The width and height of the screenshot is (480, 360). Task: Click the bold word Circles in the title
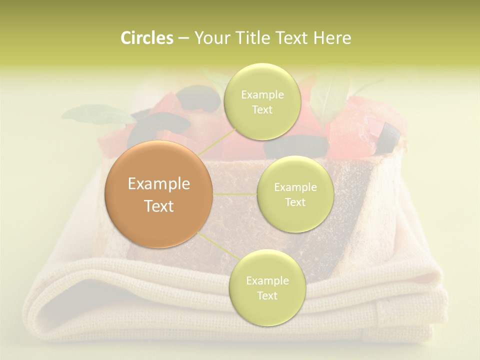147,38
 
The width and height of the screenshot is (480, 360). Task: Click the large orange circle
159,194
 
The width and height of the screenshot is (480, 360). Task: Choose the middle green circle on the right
295,194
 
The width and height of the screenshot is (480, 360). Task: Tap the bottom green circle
267,287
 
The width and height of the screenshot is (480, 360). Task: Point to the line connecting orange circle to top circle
215,141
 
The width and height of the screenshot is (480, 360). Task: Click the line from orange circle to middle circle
235,193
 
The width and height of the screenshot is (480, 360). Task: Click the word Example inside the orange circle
159,184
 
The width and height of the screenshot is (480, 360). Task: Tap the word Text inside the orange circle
159,206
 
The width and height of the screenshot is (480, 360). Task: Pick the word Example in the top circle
262,95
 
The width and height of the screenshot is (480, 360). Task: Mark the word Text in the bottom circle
267,295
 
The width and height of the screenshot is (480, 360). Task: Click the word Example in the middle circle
295,187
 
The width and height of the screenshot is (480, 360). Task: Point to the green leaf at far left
95,113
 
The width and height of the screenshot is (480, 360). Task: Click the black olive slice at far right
389,137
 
